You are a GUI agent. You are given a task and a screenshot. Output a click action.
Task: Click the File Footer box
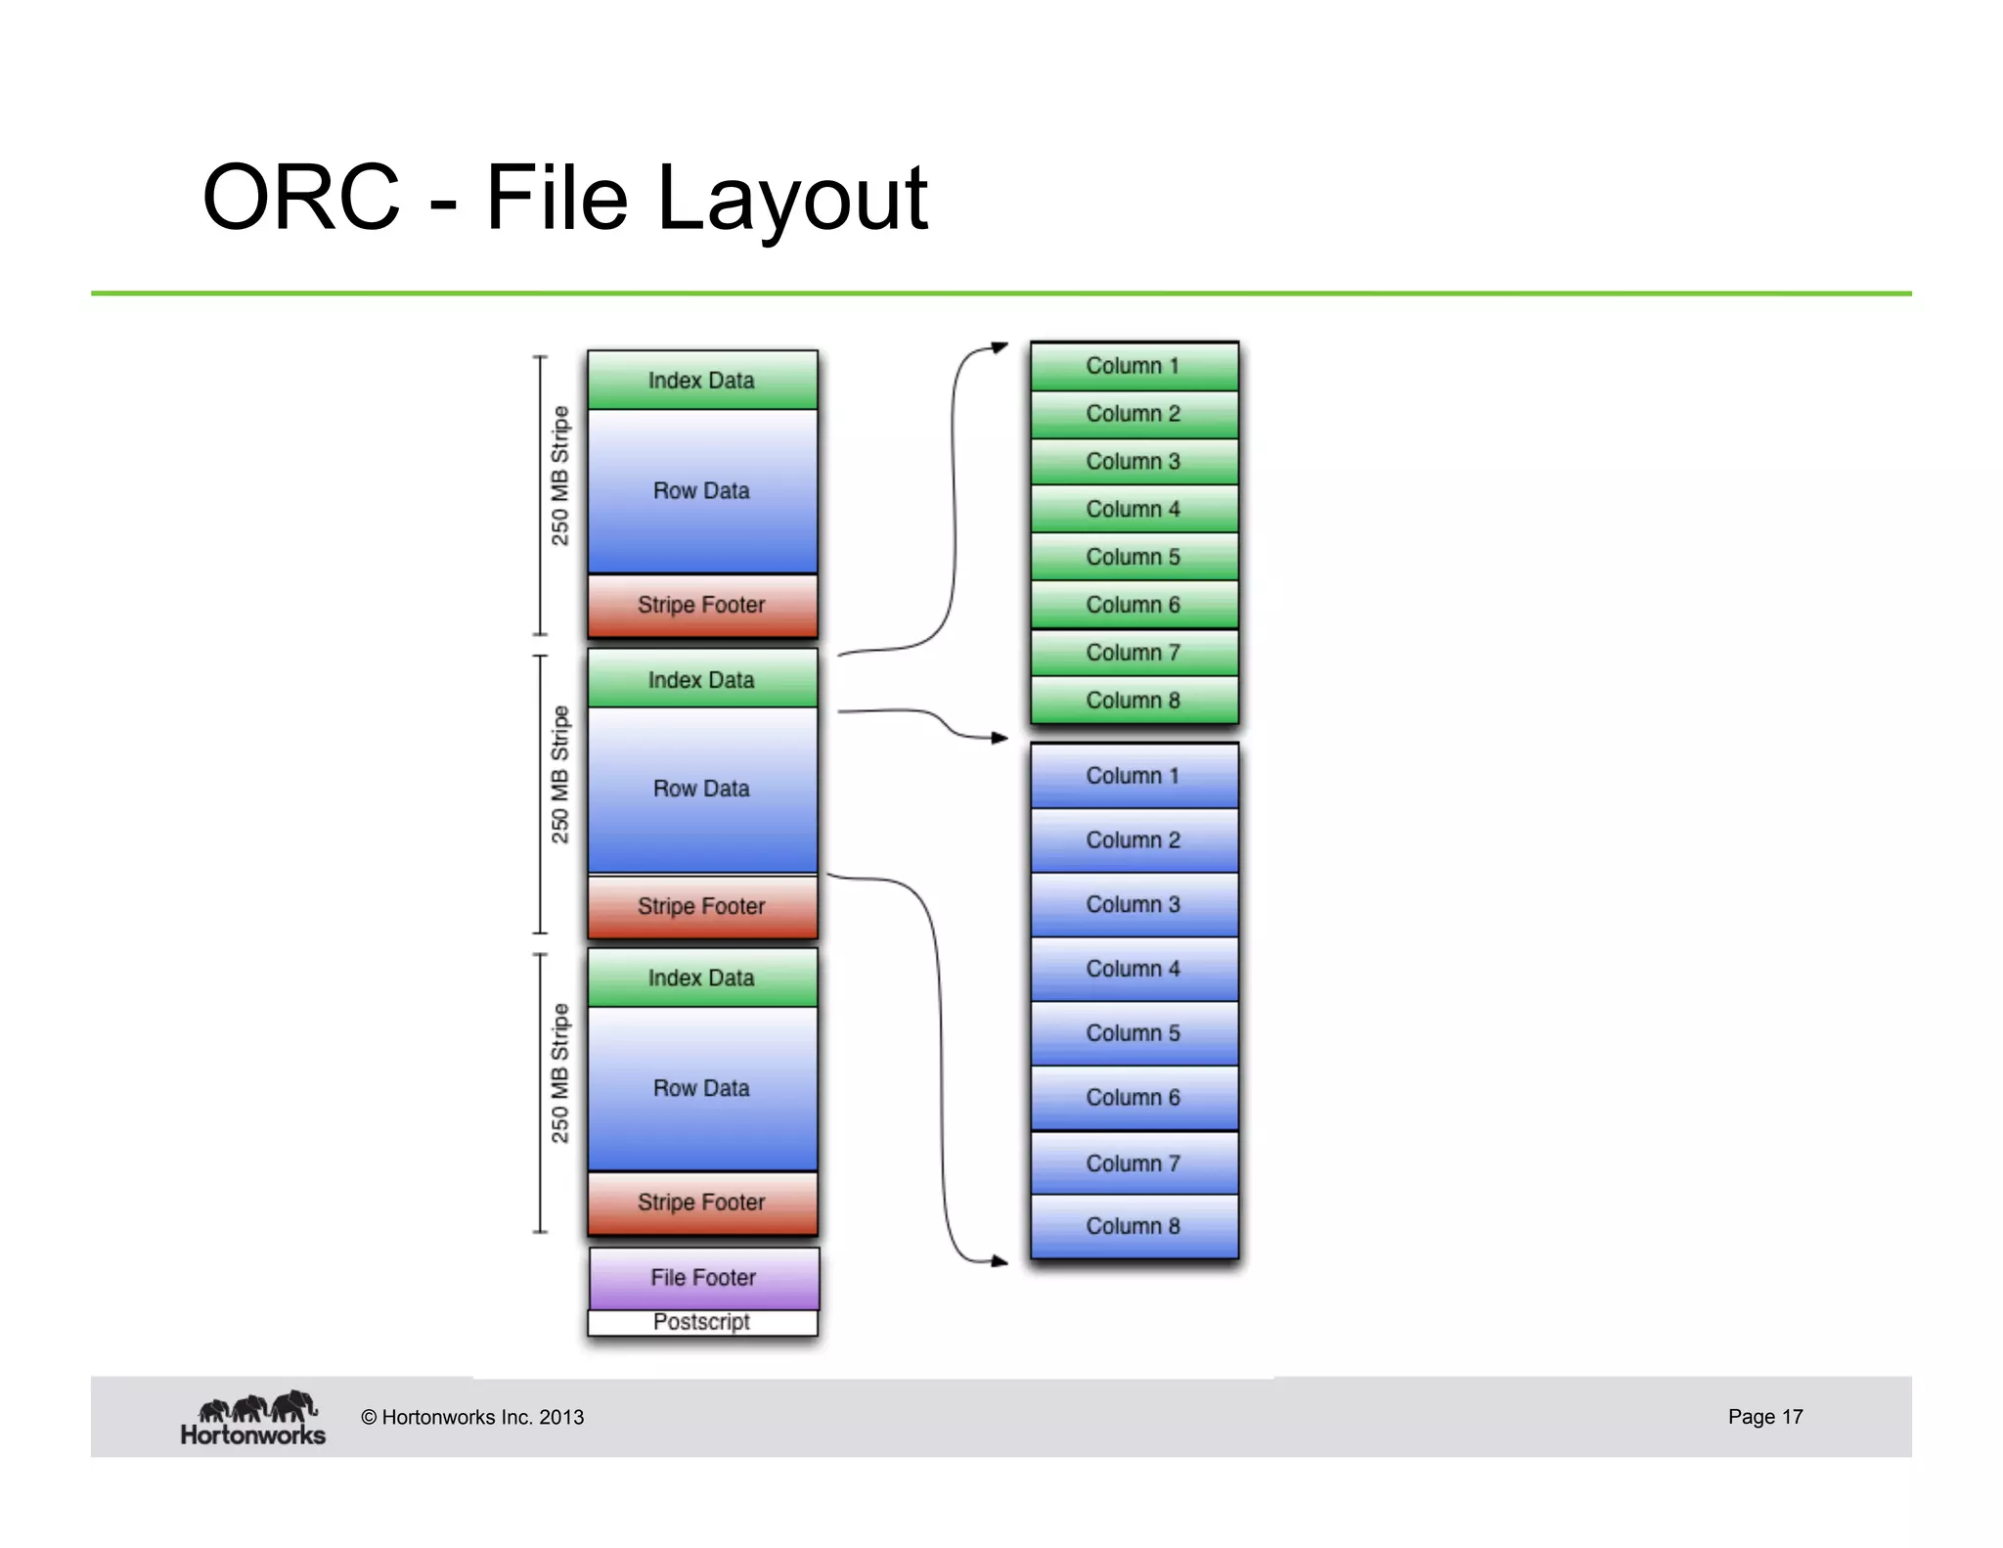703,1277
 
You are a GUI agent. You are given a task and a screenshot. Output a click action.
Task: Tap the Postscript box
702,1322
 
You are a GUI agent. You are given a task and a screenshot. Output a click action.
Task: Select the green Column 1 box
1134,366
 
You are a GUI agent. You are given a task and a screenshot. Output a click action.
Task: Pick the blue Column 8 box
1134,1226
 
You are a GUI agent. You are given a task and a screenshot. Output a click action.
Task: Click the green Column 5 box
1134,557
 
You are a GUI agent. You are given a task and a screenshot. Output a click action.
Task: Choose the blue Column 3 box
1134,904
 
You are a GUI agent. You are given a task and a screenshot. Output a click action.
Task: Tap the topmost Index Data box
702,380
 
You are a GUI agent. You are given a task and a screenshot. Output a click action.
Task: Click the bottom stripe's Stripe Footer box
702,1203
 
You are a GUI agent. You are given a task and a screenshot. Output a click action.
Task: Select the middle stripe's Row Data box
702,789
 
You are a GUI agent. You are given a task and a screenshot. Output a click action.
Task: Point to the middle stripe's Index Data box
702,679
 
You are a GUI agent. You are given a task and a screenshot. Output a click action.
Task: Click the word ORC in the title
301,198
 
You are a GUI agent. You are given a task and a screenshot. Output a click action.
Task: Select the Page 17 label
1764,1417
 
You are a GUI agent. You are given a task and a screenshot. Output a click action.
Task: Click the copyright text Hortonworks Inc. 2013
472,1417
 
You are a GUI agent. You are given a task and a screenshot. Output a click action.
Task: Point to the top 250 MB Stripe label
559,476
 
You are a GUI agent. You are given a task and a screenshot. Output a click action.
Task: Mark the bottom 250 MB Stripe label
559,1073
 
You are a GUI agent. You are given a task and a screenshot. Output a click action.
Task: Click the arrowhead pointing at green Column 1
1000,347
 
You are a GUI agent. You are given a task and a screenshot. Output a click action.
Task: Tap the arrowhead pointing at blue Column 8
1000,1261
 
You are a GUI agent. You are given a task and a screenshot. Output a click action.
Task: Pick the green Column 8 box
1134,701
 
